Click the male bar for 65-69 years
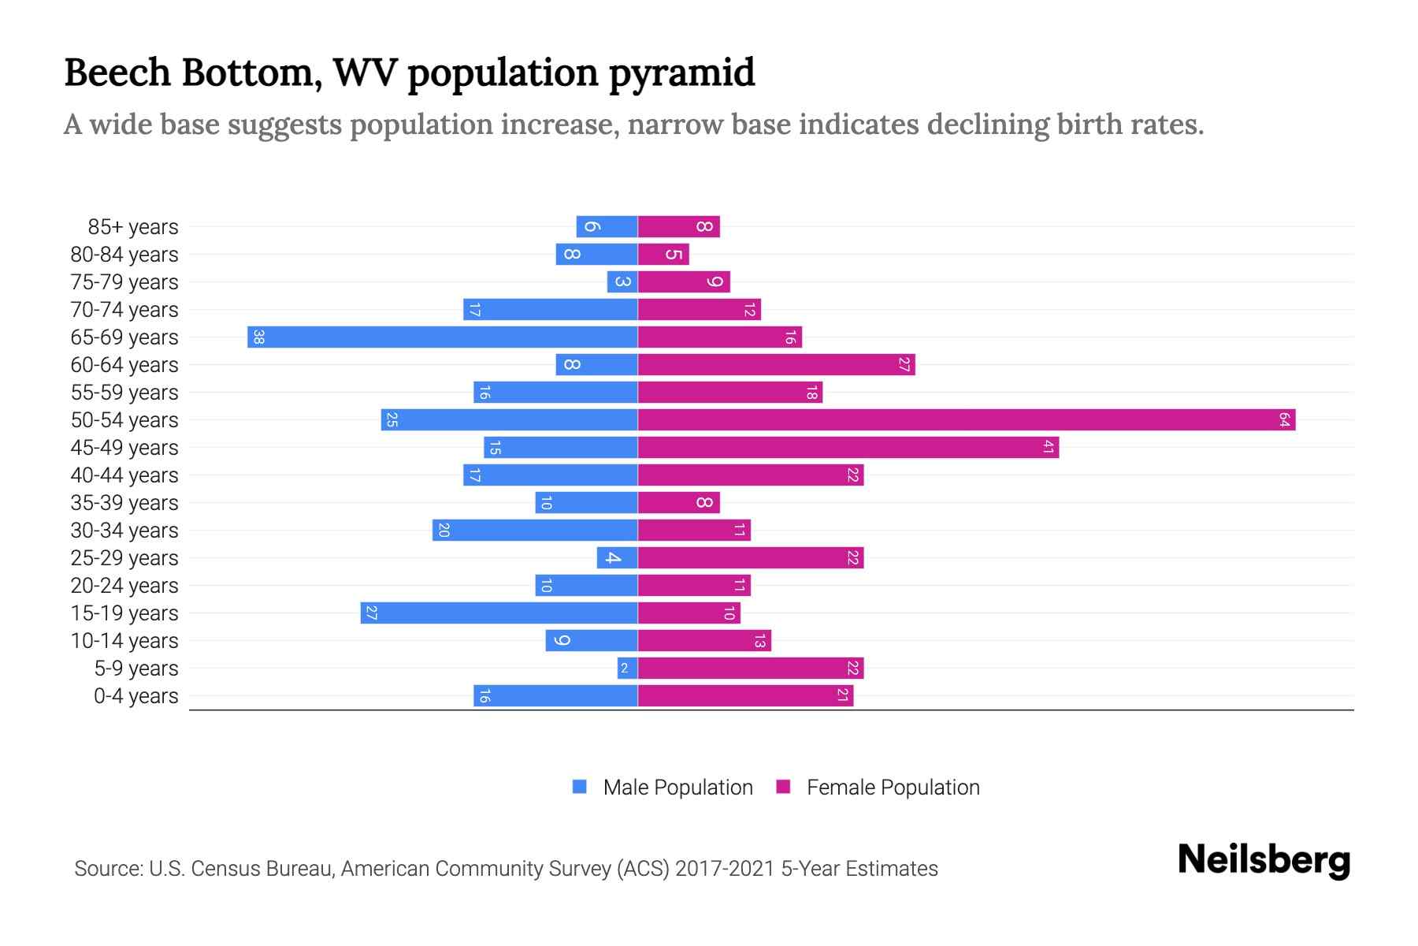(442, 337)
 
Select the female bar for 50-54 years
(966, 420)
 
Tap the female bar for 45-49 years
(848, 448)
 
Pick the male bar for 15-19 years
(499, 613)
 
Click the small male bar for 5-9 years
(627, 669)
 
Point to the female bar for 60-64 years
(776, 365)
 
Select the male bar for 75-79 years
(622, 282)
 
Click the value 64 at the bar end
(1284, 420)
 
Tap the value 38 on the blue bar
(258, 337)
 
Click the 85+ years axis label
(133, 227)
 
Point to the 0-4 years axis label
(135, 696)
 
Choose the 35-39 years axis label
(124, 503)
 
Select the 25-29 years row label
(124, 558)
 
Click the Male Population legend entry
(677, 788)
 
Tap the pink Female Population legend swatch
(783, 787)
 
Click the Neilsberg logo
(1264, 860)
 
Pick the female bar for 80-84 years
(663, 255)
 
